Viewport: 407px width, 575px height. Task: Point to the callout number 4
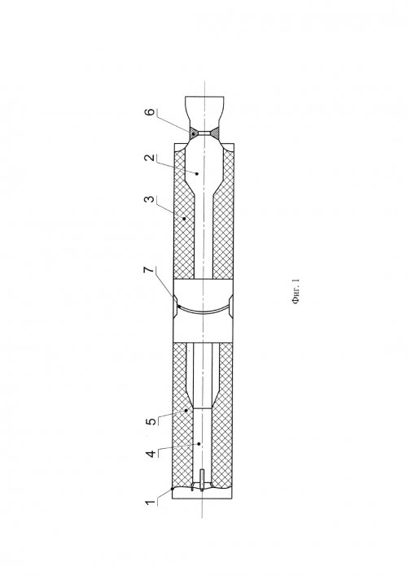point(150,455)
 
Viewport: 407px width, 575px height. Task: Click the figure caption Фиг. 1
point(295,292)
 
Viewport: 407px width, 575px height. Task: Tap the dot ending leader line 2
point(197,173)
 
